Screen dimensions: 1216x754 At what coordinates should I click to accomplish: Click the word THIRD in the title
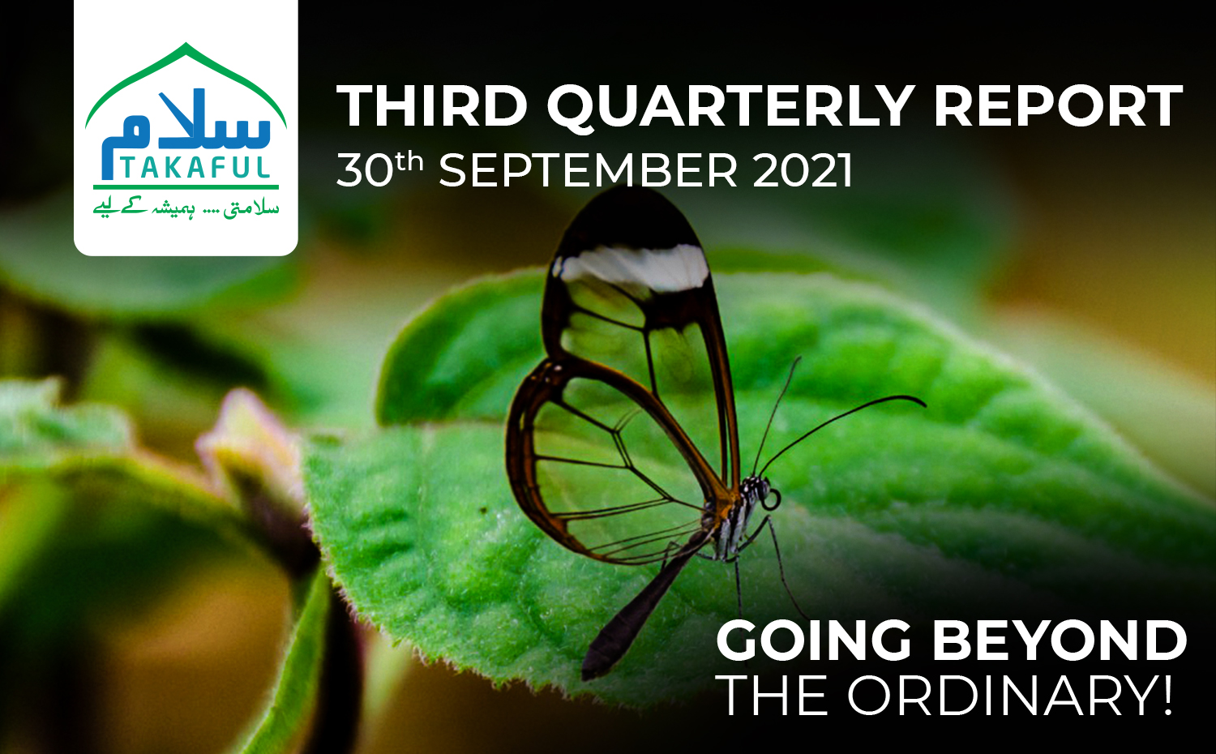click(x=432, y=106)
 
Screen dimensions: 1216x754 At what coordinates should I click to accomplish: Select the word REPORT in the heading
click(x=1057, y=106)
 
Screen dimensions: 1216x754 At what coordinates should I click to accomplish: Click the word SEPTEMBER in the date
click(x=588, y=170)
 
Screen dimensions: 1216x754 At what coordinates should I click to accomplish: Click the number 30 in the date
click(x=365, y=170)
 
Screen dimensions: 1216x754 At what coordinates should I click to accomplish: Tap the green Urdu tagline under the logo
click(x=186, y=209)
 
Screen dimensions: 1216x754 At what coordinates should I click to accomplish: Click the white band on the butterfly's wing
click(x=635, y=267)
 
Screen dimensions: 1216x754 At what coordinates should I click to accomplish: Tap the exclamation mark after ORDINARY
click(x=1165, y=696)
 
